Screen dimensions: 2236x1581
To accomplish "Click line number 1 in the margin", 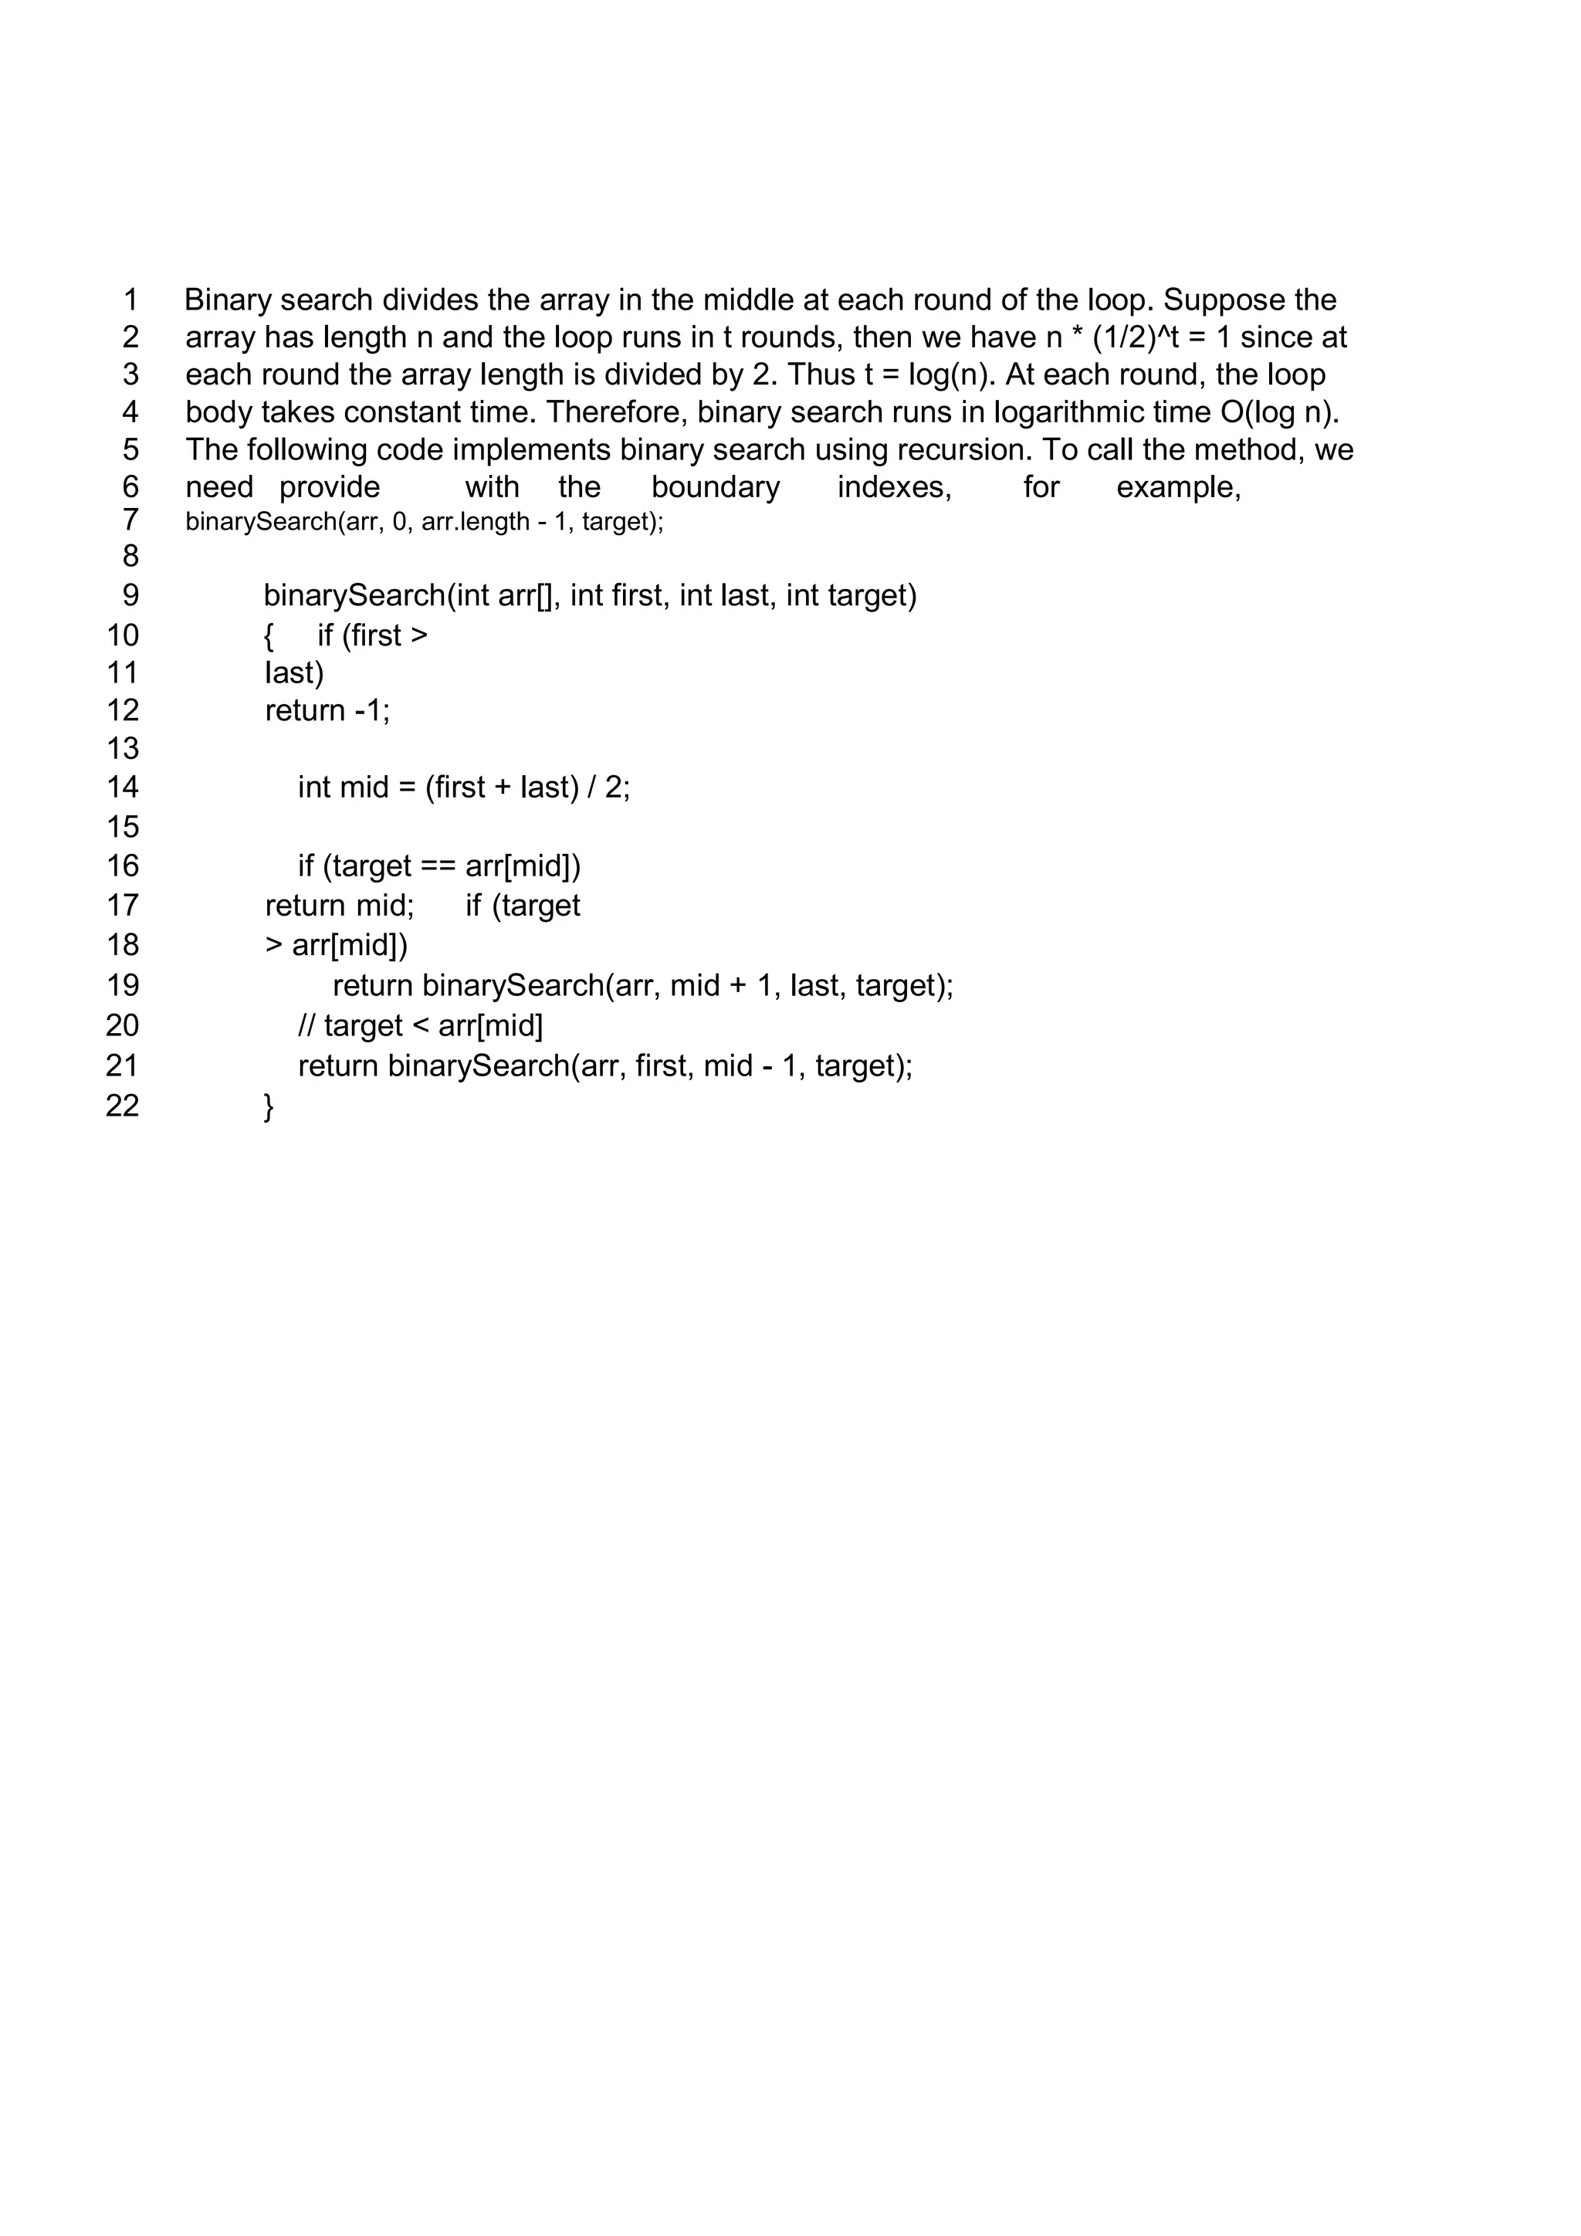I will pyautogui.click(x=130, y=300).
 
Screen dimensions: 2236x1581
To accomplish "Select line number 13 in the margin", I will pyautogui.click(x=123, y=748).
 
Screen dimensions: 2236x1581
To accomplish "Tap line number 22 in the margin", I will pyautogui.click(x=123, y=1106).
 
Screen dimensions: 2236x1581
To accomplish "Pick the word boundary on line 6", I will pyautogui.click(x=716, y=487).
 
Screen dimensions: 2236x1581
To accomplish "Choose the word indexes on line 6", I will pyautogui.click(x=894, y=487).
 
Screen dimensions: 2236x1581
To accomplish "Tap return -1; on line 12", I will pyautogui.click(x=327, y=711).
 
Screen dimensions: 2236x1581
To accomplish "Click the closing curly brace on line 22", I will pyautogui.click(x=269, y=1106).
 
